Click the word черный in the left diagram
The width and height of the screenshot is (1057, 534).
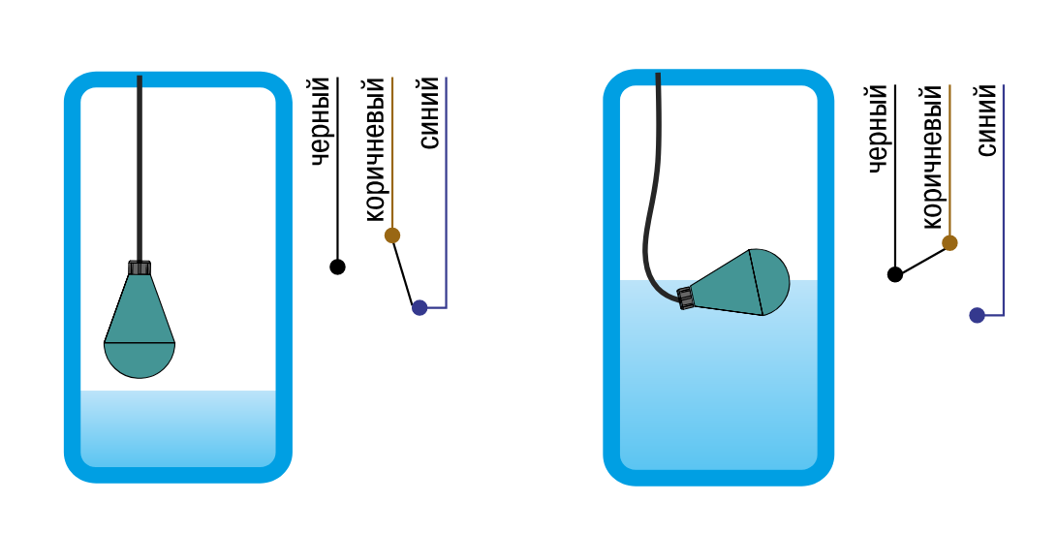tap(322, 121)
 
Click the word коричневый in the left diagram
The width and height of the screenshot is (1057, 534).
tap(375, 149)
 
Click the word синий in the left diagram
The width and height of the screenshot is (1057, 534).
tap(429, 112)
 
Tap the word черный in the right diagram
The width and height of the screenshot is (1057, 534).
tap(879, 129)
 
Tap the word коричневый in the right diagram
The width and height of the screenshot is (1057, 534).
tap(932, 156)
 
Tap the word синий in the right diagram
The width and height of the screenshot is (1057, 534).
tap(987, 121)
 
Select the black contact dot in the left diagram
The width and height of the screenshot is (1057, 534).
tap(338, 267)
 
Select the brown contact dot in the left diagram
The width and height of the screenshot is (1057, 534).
tap(392, 236)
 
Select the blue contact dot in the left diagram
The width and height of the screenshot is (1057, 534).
tap(420, 308)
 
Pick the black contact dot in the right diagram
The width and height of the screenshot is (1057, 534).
tap(895, 274)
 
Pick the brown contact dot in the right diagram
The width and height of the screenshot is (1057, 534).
tap(949, 242)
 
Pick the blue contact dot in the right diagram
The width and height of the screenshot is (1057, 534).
tap(977, 315)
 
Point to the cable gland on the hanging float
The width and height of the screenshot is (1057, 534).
tap(140, 267)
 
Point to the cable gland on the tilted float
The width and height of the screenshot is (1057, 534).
tap(686, 298)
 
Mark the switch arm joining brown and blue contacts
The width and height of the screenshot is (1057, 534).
tap(406, 271)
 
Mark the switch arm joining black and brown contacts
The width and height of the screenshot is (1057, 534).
tap(922, 259)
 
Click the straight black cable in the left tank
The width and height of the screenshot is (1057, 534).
tap(140, 169)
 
